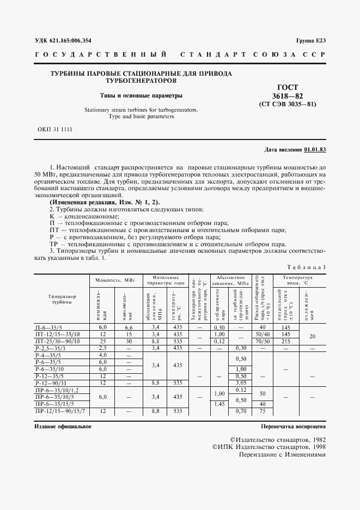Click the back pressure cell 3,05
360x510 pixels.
(x=240, y=382)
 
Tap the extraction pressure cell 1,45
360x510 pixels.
(x=219, y=404)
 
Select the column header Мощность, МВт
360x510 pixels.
(x=115, y=280)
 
